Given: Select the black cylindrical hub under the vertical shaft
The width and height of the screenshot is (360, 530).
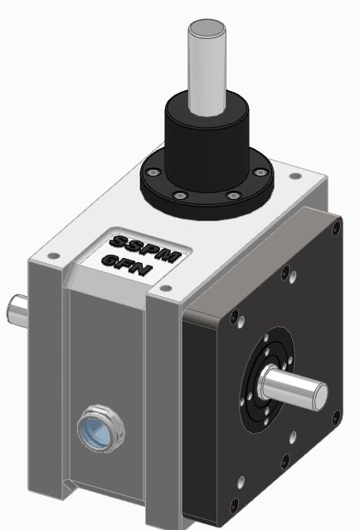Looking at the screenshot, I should (203, 137).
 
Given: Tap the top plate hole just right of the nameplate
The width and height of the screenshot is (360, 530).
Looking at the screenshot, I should (164, 288).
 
